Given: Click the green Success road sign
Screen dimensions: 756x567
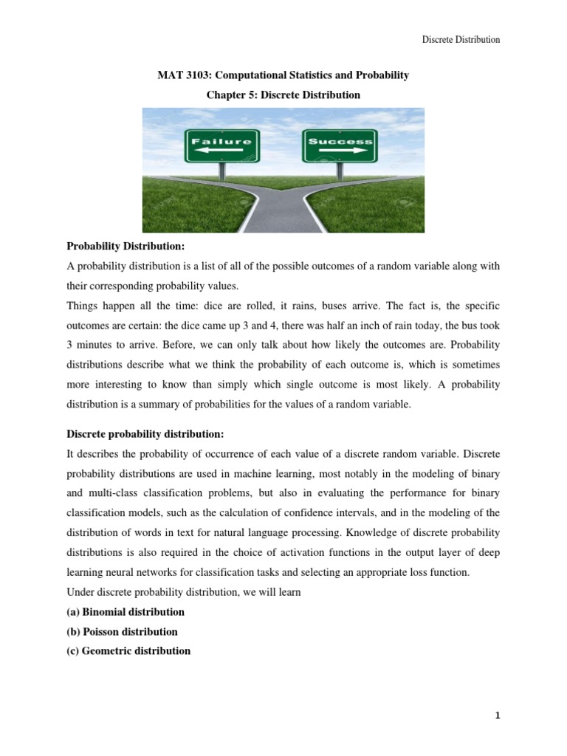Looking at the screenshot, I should pyautogui.click(x=339, y=145).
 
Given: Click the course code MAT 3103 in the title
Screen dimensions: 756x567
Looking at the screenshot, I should pyautogui.click(x=182, y=76).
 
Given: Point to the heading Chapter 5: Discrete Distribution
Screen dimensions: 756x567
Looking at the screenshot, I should pyautogui.click(x=283, y=95).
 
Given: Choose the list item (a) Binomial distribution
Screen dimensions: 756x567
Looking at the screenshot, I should pyautogui.click(x=126, y=612).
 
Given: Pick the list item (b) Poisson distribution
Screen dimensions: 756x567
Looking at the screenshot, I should pyautogui.click(x=123, y=631).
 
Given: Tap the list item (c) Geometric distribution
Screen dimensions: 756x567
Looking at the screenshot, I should pyautogui.click(x=128, y=650).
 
